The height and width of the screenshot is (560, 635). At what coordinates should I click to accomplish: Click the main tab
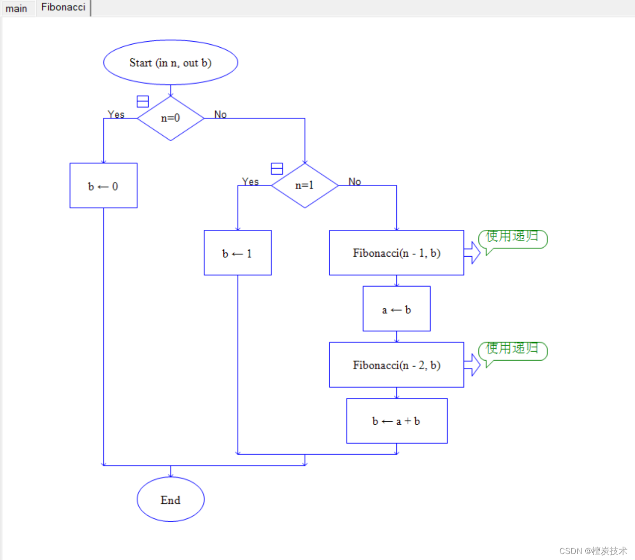coord(16,8)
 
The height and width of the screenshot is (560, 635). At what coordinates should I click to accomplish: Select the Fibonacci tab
coord(63,7)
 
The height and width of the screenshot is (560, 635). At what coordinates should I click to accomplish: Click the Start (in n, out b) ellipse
coord(171,63)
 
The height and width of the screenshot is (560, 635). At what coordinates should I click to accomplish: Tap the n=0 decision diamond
coord(171,118)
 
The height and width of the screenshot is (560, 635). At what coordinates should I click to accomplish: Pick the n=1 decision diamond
coord(305,186)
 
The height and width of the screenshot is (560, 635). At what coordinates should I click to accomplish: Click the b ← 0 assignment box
coord(103,186)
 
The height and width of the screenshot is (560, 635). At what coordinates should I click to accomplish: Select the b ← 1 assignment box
coord(238,253)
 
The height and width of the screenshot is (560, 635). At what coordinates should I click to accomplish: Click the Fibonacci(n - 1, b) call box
coord(396,253)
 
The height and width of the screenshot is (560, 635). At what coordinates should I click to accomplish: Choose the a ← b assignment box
coord(396,309)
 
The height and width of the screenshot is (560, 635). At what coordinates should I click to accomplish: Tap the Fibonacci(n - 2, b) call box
coord(396,365)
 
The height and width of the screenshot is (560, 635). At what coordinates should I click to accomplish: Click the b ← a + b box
coord(396,421)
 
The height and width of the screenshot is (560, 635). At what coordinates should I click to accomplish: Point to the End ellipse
coord(171,499)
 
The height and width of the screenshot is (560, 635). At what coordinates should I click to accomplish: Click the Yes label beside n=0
coord(116,114)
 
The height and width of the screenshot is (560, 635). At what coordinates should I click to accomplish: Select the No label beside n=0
coord(220,114)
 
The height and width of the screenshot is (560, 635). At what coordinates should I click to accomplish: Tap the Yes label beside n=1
coord(250,182)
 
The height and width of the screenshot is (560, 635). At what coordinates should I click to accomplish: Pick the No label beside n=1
coord(355,182)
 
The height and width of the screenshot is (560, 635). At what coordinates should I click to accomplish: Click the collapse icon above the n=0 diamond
coord(143,101)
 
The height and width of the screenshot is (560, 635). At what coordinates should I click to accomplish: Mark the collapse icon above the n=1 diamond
coord(277,169)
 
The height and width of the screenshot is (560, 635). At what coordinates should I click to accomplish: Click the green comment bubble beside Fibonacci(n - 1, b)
coord(512,238)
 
